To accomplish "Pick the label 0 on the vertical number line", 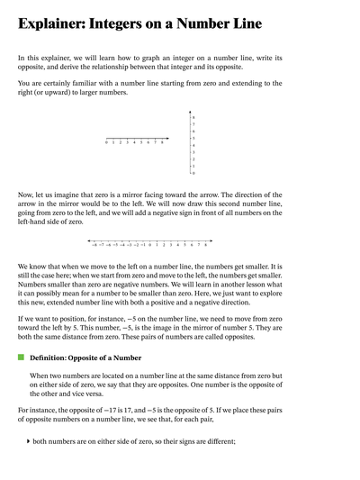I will click(x=193, y=173).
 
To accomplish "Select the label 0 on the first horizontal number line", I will click(x=106, y=142).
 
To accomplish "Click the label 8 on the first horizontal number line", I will click(x=162, y=142).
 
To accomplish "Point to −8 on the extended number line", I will click(x=94, y=245).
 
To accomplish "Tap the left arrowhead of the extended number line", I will click(x=88, y=240).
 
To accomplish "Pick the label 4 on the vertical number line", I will click(x=193, y=146).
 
